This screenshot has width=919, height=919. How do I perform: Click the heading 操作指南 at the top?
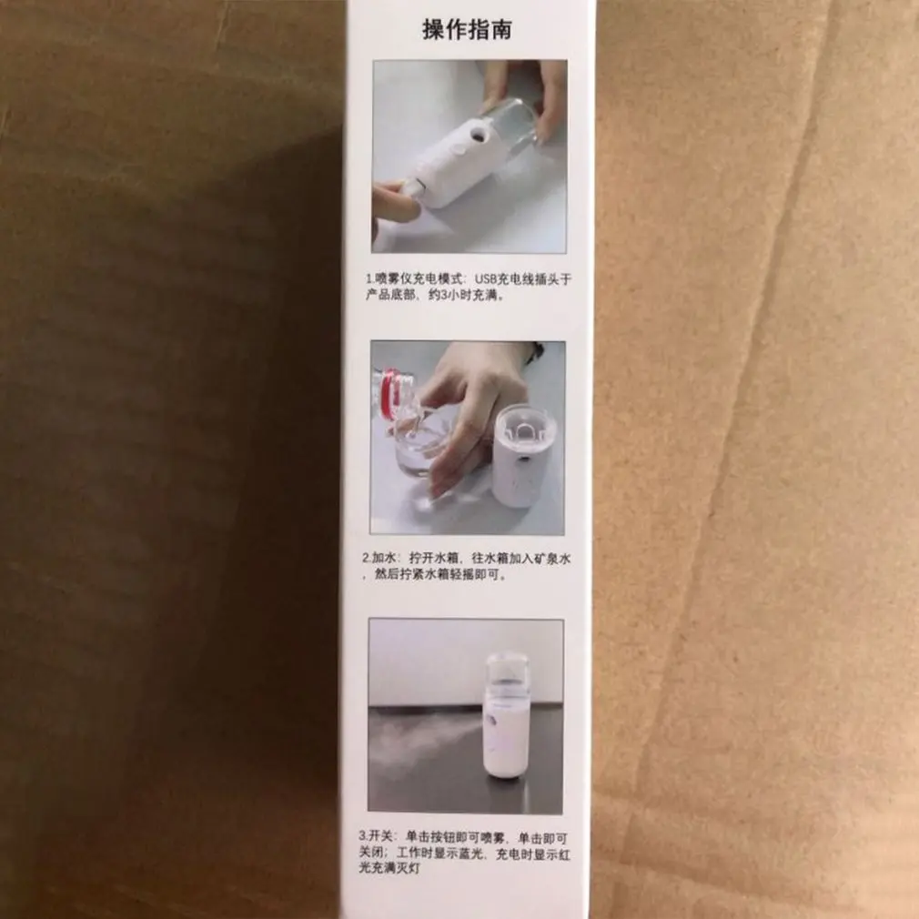point(468,29)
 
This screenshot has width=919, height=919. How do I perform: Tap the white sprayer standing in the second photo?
point(522,455)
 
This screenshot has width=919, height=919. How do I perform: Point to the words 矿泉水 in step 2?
point(551,558)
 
